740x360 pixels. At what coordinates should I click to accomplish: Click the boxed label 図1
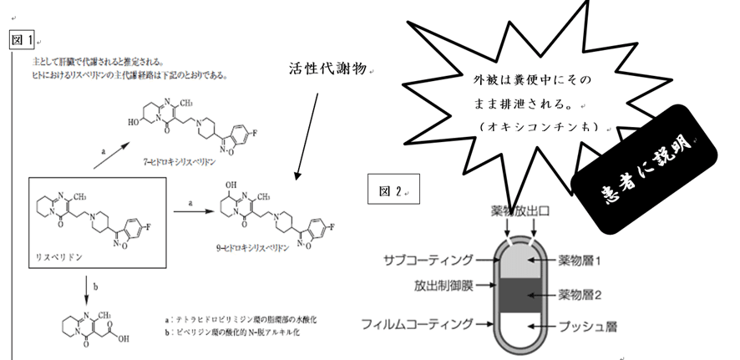click(23, 39)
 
